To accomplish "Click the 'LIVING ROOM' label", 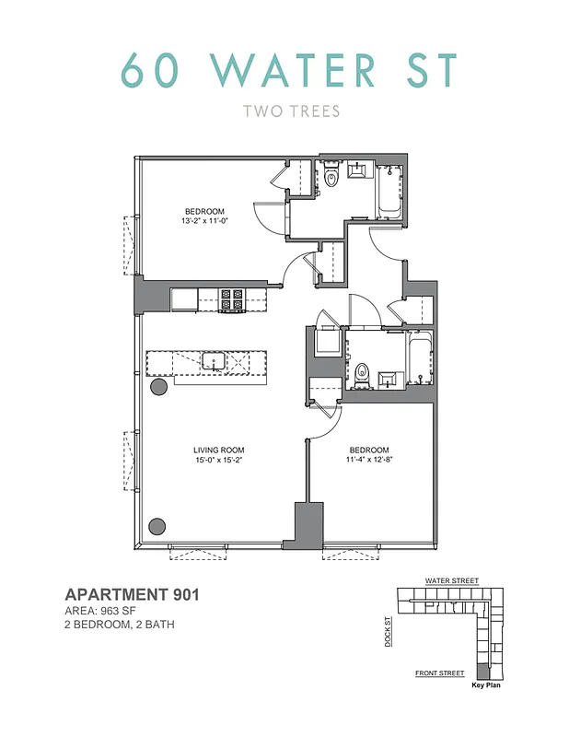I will [217, 450].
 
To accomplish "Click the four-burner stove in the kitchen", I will [231, 298].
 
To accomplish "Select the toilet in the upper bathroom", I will [331, 174].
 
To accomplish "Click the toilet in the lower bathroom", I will [362, 375].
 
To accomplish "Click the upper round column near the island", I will [157, 388].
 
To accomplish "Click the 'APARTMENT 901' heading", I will [132, 595].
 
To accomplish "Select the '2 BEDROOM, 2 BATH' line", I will [120, 626].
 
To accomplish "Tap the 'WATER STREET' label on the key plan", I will [451, 581].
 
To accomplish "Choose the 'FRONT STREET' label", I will [439, 673].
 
